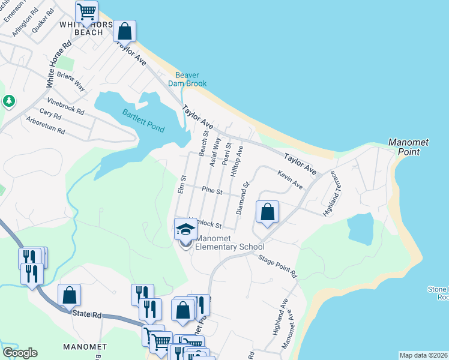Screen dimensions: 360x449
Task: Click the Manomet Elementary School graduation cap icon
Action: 185,229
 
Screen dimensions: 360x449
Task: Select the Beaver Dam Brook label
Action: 191,80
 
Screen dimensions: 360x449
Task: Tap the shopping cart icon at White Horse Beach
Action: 87,11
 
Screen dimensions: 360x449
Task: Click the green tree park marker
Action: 9,101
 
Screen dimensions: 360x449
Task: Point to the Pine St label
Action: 212,192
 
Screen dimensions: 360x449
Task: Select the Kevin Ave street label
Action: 290,179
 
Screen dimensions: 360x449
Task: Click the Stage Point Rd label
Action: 277,266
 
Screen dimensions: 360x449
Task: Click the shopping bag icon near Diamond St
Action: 267,212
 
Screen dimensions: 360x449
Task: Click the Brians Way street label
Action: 71,82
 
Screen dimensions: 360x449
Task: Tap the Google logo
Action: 20,352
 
